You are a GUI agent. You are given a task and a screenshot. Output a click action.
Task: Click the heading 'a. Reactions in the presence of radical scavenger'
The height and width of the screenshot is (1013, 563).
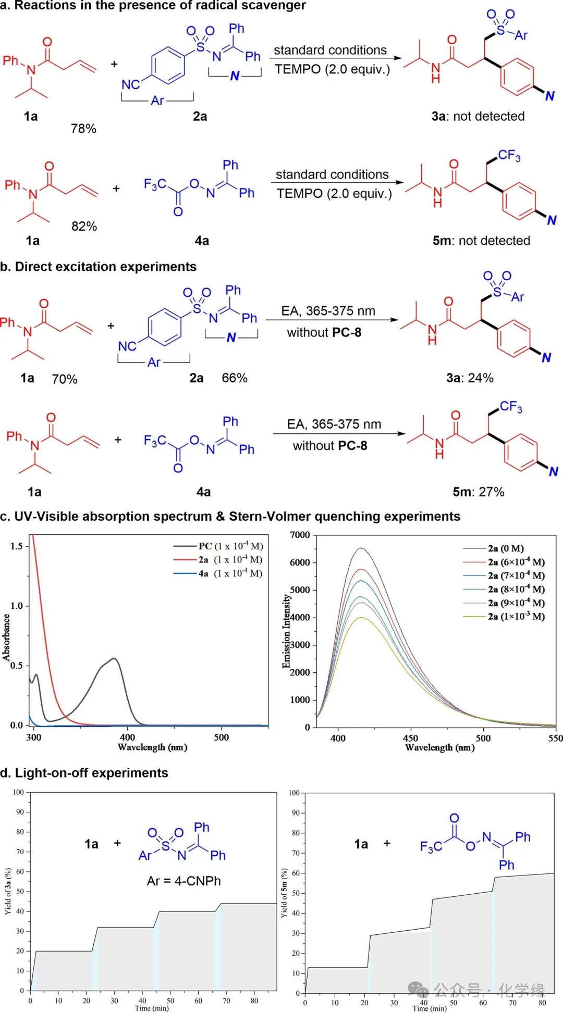[x=153, y=6]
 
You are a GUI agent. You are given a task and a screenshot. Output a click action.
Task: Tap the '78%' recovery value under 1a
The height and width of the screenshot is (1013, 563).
[x=83, y=129]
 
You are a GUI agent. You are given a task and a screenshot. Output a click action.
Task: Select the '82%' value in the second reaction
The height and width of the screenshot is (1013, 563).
[x=84, y=226]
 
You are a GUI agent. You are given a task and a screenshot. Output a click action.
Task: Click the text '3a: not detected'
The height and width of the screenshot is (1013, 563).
[x=478, y=116]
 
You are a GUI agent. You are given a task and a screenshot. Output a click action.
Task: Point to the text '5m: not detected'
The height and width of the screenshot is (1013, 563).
[x=481, y=241]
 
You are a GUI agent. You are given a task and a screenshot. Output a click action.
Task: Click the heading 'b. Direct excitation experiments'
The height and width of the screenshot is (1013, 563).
[x=99, y=267]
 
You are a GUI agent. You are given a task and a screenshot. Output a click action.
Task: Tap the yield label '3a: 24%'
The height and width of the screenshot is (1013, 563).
[x=469, y=378]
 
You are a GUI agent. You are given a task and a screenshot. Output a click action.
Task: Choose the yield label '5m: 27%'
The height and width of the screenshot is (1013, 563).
[x=478, y=492]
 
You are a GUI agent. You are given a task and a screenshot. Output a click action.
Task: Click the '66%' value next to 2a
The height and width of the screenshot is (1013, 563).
[x=235, y=378]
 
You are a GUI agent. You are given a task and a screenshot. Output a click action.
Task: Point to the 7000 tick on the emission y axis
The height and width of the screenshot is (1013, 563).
[x=300, y=535]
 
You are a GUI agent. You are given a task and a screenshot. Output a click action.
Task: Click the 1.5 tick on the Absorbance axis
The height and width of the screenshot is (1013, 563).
[x=17, y=546]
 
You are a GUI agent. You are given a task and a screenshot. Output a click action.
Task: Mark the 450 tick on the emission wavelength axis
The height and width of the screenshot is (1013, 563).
[x=410, y=737]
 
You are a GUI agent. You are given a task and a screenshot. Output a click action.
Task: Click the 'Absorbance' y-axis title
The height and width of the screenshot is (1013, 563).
[x=6, y=637]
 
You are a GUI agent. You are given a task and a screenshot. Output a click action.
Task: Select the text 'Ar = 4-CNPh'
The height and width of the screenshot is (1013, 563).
[x=183, y=881]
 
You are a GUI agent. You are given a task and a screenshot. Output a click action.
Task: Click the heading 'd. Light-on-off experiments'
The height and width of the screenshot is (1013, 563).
[x=84, y=773]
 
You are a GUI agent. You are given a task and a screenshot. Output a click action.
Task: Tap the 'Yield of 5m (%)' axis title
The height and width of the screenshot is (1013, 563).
[x=284, y=893]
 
